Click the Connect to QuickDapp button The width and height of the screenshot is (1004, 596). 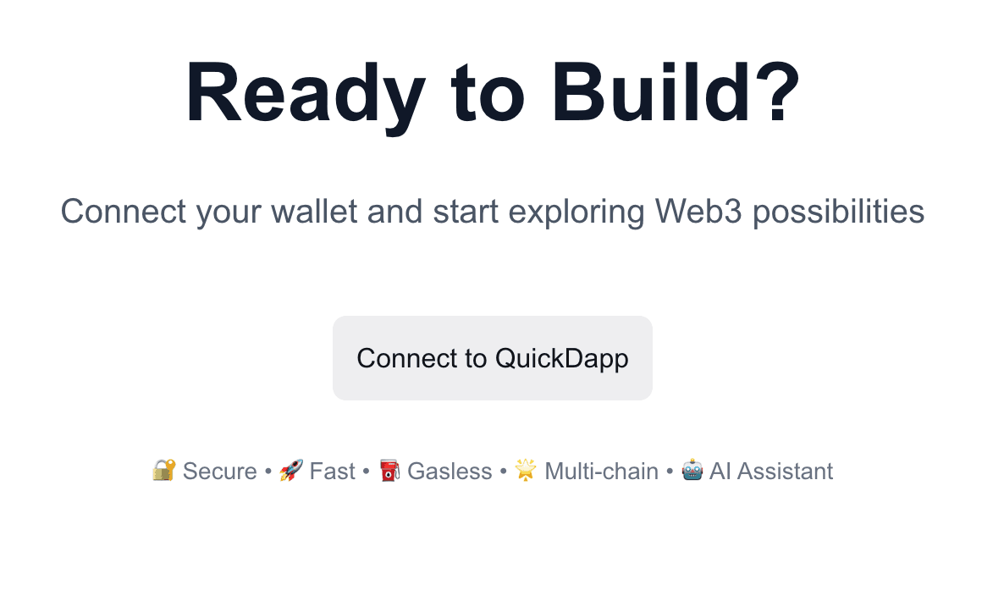click(x=492, y=358)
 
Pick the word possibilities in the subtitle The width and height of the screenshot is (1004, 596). click(x=838, y=211)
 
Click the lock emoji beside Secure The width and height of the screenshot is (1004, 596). click(x=163, y=470)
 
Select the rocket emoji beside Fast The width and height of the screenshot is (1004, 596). click(x=291, y=470)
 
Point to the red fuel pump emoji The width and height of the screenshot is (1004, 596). click(x=389, y=470)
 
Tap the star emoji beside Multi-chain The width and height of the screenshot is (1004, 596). click(x=526, y=470)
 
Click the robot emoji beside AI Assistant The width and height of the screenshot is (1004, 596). click(x=692, y=470)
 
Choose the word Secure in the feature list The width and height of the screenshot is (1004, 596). click(x=219, y=471)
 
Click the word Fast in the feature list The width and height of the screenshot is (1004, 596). click(x=332, y=471)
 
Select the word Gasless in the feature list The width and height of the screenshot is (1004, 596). click(x=450, y=471)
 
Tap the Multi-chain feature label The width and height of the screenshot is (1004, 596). click(x=601, y=471)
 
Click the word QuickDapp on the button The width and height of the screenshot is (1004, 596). click(x=561, y=358)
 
